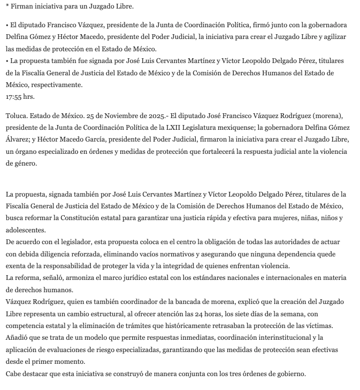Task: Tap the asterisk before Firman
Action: (7, 6)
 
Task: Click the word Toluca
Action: (17, 116)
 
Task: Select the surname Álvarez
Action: (22, 139)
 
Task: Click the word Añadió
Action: (19, 338)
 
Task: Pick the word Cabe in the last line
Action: (14, 373)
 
